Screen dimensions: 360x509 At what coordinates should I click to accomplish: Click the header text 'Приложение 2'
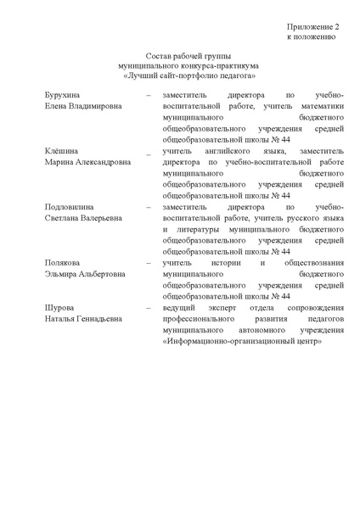tap(312, 28)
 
